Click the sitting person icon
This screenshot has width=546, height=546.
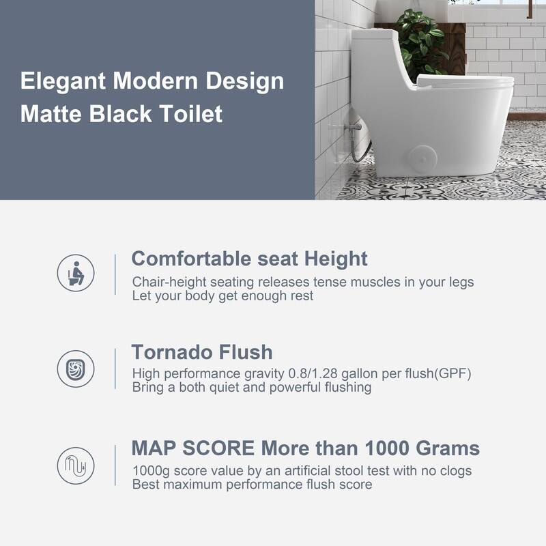pos(76,273)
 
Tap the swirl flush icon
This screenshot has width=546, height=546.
pos(76,369)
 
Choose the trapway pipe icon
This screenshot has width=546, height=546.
pos(76,465)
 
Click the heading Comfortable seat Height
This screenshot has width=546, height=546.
pos(249,259)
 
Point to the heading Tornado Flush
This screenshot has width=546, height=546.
pos(201,352)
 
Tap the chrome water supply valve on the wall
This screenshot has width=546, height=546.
pos(353,127)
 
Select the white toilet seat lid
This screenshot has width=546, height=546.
pos(464,82)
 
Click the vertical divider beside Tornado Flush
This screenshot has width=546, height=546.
pos(115,369)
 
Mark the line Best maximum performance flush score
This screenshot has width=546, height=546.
pos(252,485)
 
